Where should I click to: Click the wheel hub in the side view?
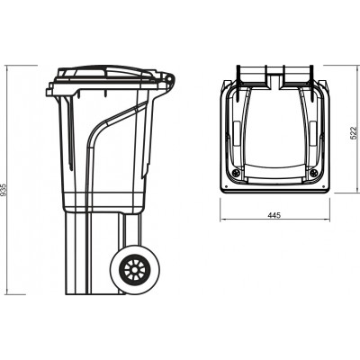pos(136,271)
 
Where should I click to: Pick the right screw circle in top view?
pos(313,171)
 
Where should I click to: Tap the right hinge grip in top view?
pos(298,74)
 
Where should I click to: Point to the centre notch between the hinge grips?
pos(274,72)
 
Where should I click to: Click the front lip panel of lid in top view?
pos(274,171)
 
